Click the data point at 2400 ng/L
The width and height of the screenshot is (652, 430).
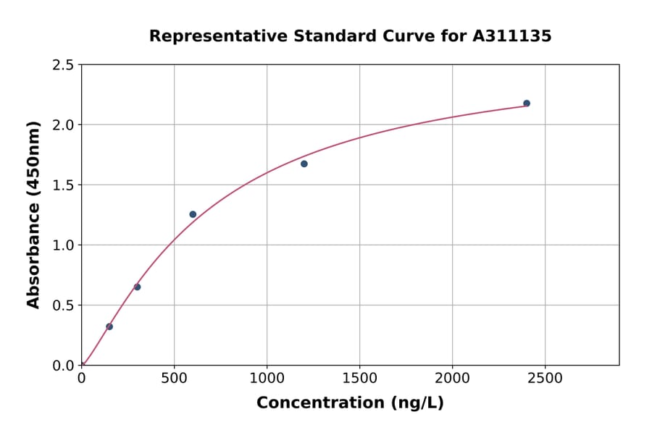527,104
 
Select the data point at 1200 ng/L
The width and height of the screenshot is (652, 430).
304,164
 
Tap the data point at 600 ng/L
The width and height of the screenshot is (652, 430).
193,214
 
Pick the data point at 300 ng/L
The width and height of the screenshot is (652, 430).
137,287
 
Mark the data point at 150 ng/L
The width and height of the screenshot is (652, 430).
109,326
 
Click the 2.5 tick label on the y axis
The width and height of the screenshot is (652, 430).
63,65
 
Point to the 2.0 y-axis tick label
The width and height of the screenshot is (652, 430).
63,125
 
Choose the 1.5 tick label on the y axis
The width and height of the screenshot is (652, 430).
63,185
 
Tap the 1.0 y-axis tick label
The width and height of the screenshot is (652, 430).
63,245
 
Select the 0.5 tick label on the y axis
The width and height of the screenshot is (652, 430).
63,305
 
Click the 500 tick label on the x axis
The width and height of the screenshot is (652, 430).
174,379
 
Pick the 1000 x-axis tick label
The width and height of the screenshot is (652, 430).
267,379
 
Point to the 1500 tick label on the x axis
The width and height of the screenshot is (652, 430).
359,379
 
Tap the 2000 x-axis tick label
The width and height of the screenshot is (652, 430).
452,379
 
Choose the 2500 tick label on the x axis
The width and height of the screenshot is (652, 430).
545,379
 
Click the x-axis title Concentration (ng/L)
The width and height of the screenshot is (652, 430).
350,403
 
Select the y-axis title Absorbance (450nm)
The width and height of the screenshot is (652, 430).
33,215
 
